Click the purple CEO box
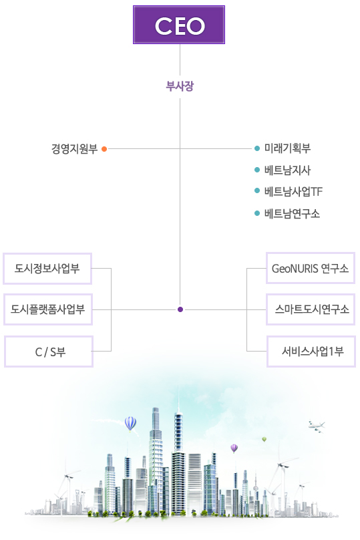(179, 25)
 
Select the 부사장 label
(180, 86)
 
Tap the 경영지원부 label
(74, 149)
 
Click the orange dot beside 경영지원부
(104, 149)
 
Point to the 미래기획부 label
(287, 148)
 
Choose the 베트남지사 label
(287, 170)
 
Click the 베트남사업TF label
(293, 192)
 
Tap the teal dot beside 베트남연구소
(256, 213)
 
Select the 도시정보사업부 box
(47, 269)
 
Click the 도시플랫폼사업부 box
(48, 309)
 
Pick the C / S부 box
(49, 352)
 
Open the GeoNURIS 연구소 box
(311, 268)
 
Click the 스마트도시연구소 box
(311, 309)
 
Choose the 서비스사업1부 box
(311, 352)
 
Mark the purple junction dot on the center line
(180, 309)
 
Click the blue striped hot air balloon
(130, 424)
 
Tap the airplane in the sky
(317, 426)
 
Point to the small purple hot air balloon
(234, 448)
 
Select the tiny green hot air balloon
(264, 439)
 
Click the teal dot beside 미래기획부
(256, 148)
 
